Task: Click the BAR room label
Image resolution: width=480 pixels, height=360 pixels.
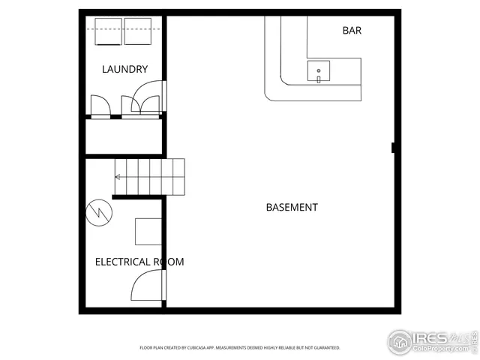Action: click(352, 31)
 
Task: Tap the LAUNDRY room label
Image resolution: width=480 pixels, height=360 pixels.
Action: click(124, 70)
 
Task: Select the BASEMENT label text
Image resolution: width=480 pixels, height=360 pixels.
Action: click(292, 207)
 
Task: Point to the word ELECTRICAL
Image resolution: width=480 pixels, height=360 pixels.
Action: click(123, 262)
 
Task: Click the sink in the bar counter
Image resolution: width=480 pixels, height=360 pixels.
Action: click(319, 72)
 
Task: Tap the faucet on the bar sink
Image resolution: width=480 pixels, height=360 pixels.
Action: click(319, 78)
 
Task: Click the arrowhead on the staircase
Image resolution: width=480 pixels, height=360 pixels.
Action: click(117, 178)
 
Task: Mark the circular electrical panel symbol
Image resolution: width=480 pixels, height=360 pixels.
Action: click(97, 212)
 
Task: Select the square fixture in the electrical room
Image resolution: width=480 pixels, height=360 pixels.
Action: click(148, 231)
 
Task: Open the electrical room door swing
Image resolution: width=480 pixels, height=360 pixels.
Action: click(149, 286)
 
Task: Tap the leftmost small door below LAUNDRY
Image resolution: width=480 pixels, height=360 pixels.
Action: click(100, 106)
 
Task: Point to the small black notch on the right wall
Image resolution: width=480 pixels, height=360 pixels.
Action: click(394, 148)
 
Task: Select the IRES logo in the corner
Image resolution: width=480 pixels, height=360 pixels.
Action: click(430, 341)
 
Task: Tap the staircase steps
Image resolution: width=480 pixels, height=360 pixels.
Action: click(150, 176)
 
